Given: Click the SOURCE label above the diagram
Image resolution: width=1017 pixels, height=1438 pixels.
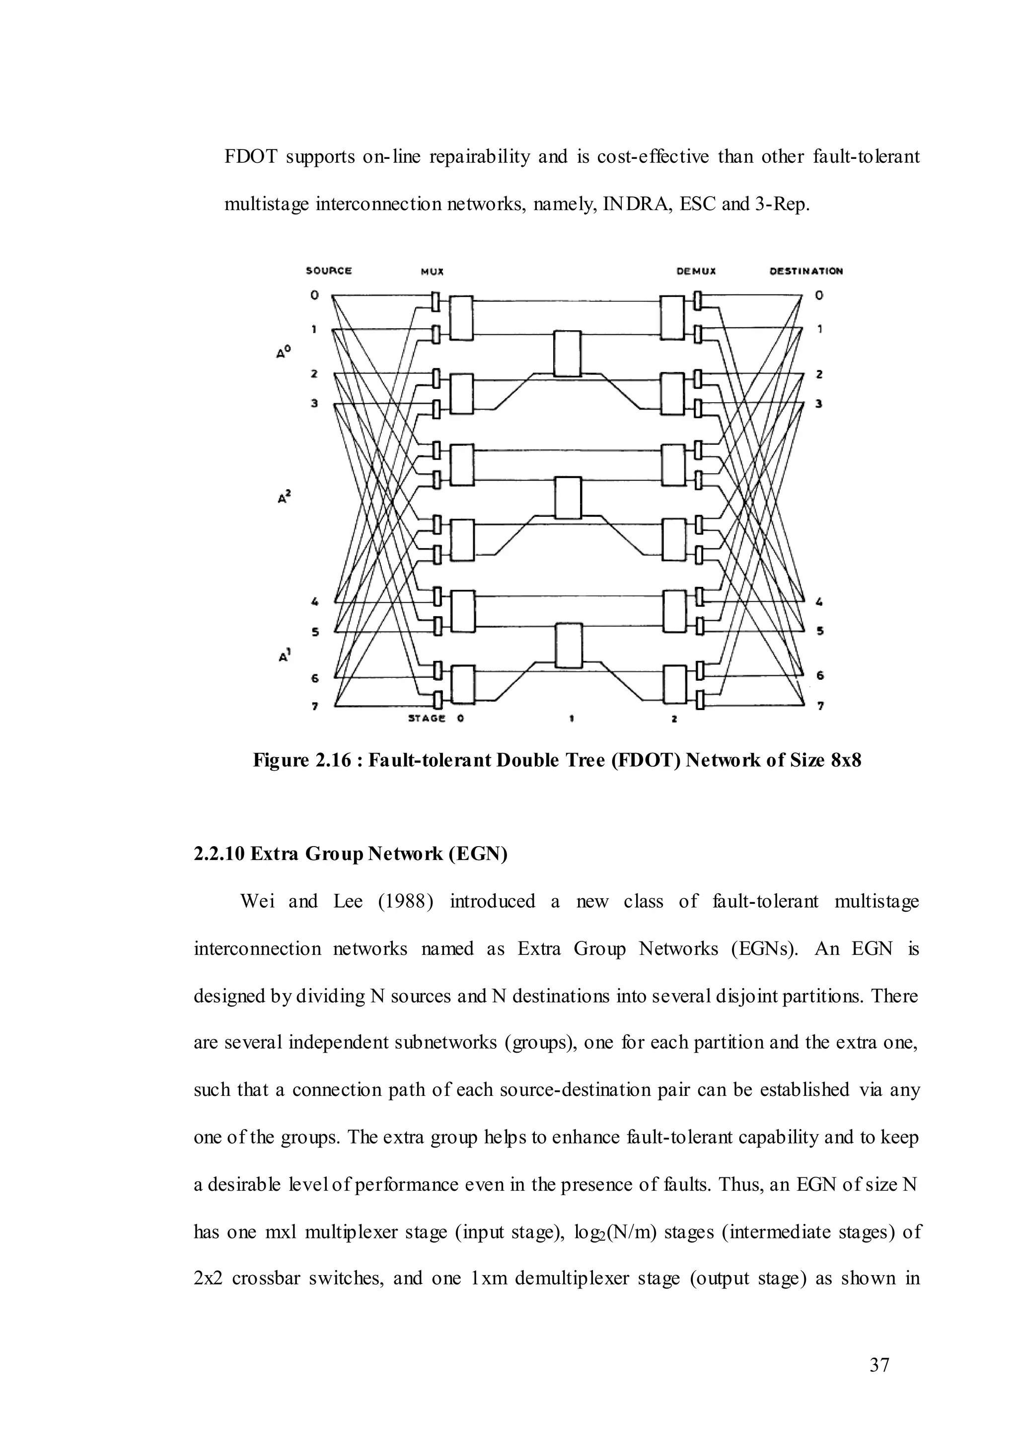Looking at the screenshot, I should [x=329, y=271].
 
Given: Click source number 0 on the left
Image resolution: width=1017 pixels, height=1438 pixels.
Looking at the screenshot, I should [x=314, y=295].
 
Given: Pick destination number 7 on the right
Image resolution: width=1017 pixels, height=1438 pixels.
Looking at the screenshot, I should [x=820, y=707].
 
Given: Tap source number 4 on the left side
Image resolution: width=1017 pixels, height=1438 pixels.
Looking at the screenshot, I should [x=315, y=602].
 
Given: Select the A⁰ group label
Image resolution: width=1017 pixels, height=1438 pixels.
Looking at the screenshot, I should [x=283, y=352].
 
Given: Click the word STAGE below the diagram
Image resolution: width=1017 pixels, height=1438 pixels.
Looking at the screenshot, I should [x=427, y=719].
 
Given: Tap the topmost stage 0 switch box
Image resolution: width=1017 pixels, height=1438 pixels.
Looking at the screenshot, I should [x=461, y=319].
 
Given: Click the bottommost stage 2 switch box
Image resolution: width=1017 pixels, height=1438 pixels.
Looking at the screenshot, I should [x=674, y=685].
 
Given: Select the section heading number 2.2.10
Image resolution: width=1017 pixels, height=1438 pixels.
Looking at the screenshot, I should [x=219, y=854].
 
